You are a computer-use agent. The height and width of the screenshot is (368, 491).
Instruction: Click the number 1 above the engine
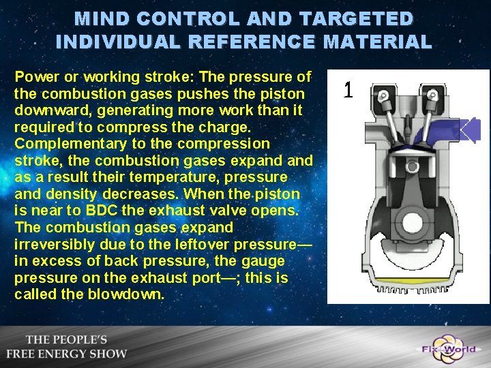click(x=348, y=89)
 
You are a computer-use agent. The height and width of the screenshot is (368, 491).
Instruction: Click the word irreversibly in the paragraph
click(x=54, y=244)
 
